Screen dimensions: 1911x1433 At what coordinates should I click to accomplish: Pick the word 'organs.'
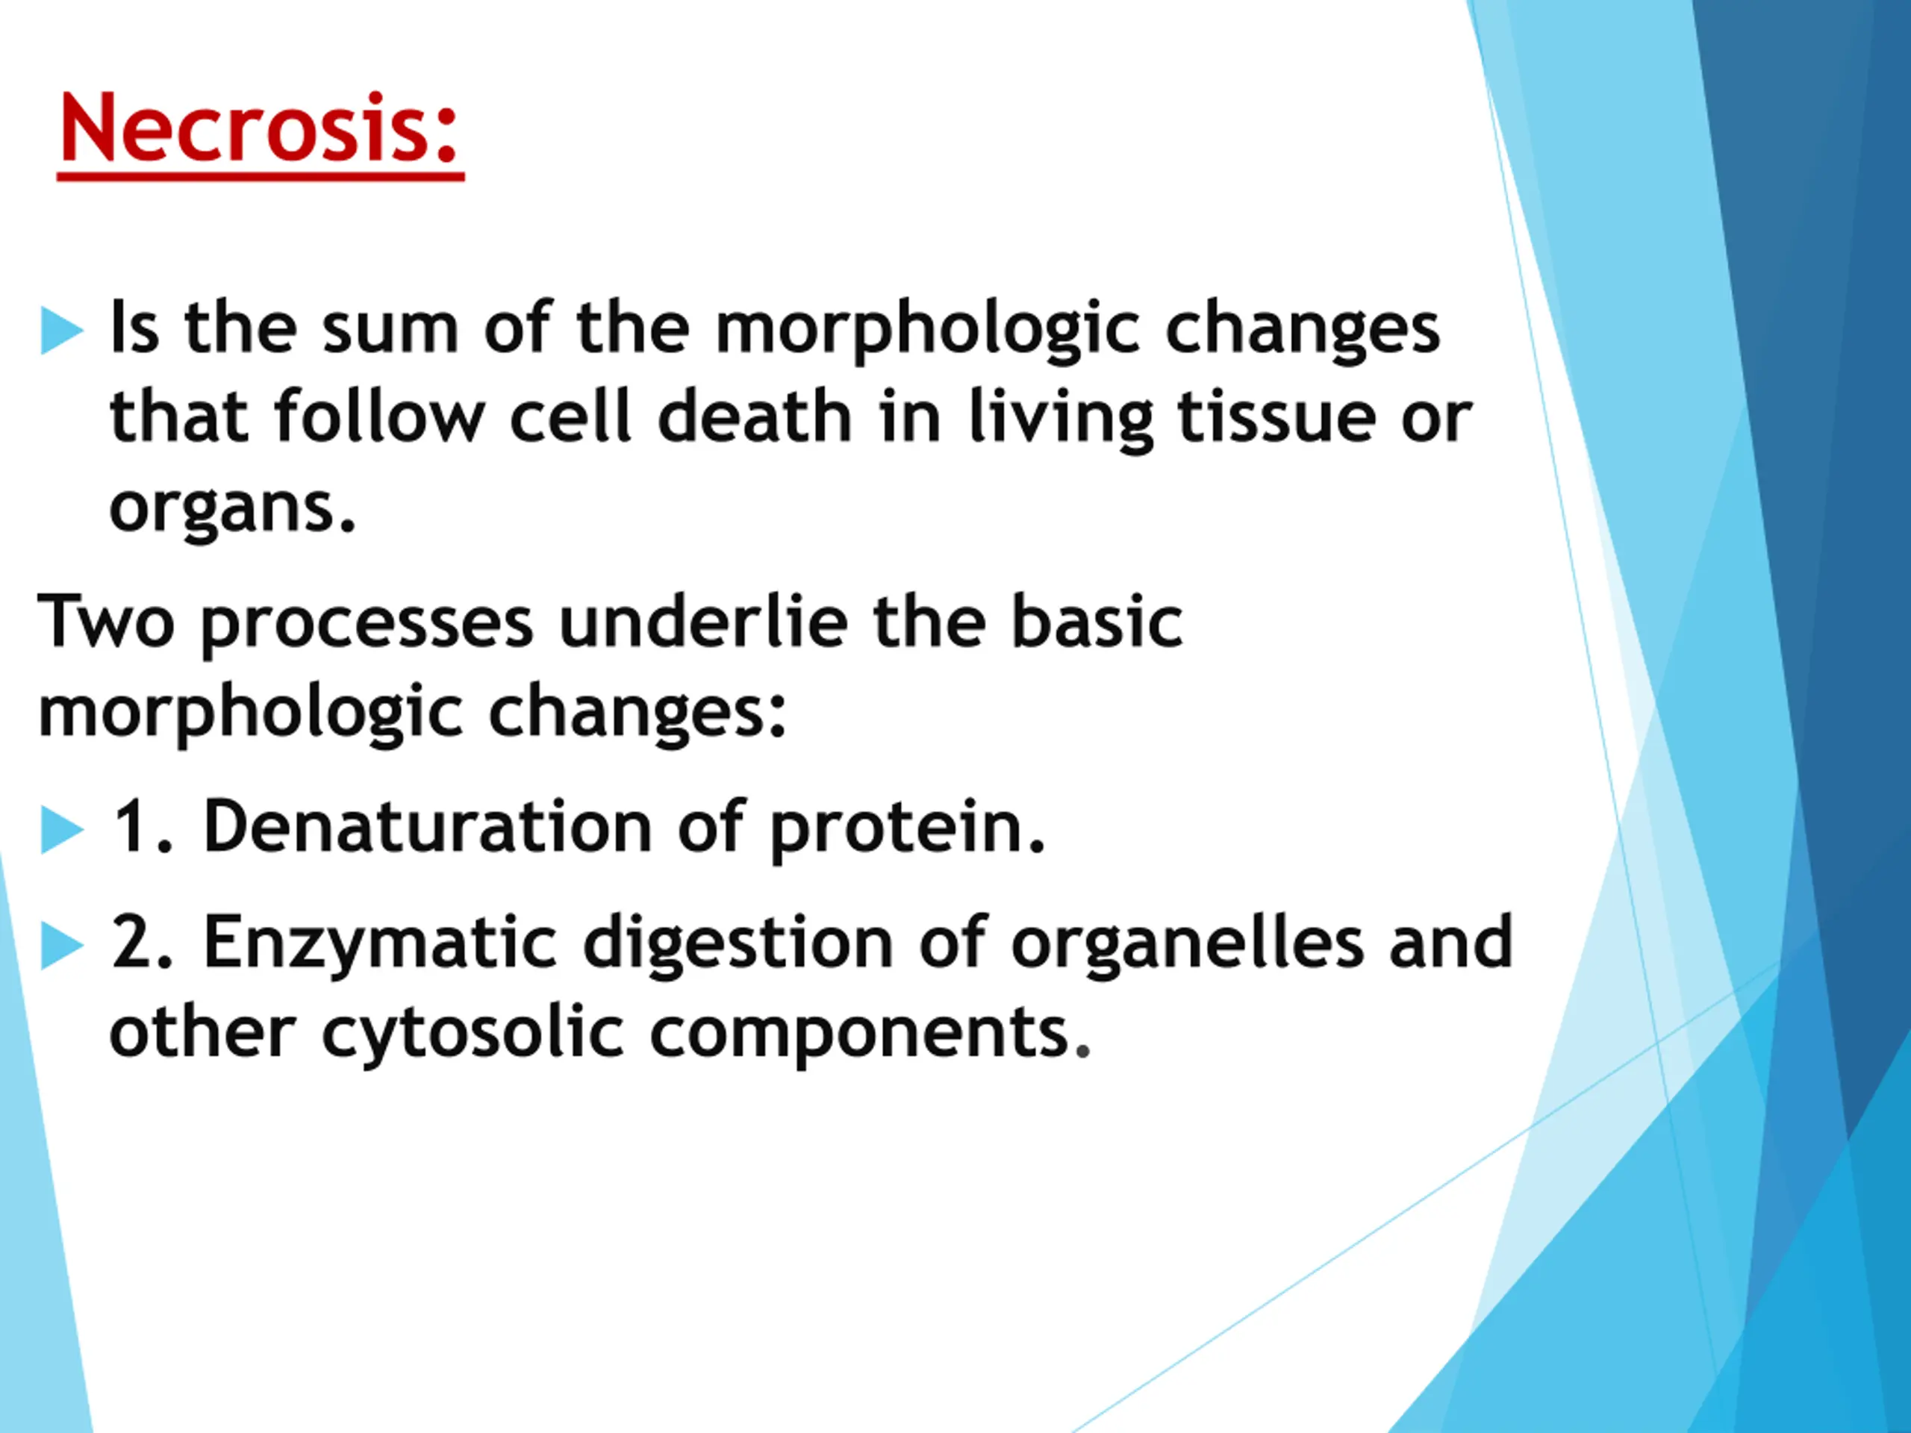tap(232, 511)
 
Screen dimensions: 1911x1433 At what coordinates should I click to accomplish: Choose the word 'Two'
tap(105, 622)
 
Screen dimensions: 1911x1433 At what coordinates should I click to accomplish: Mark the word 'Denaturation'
tap(428, 825)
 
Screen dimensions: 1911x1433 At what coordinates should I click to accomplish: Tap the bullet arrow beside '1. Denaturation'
tap(62, 830)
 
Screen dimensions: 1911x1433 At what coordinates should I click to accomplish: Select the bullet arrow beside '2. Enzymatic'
tap(62, 946)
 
